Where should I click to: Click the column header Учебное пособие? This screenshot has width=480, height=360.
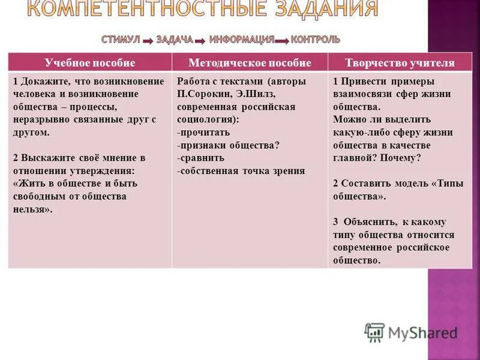point(90,63)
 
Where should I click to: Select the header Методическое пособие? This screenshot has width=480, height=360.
point(250,63)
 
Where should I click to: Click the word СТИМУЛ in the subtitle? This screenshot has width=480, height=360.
point(120,40)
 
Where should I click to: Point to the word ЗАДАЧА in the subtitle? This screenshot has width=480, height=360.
point(175,40)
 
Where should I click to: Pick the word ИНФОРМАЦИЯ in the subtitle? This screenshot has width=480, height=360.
point(242,40)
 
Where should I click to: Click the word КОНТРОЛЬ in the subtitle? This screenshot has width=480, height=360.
point(316,40)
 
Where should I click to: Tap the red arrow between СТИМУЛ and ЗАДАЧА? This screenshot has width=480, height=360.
point(148,41)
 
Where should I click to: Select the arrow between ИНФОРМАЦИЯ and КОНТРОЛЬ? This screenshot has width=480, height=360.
point(282,41)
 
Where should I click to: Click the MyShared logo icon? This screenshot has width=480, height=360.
point(374,332)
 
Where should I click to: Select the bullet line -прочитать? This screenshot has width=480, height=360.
point(203,132)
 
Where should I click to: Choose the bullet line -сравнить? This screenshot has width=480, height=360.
point(201,158)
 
